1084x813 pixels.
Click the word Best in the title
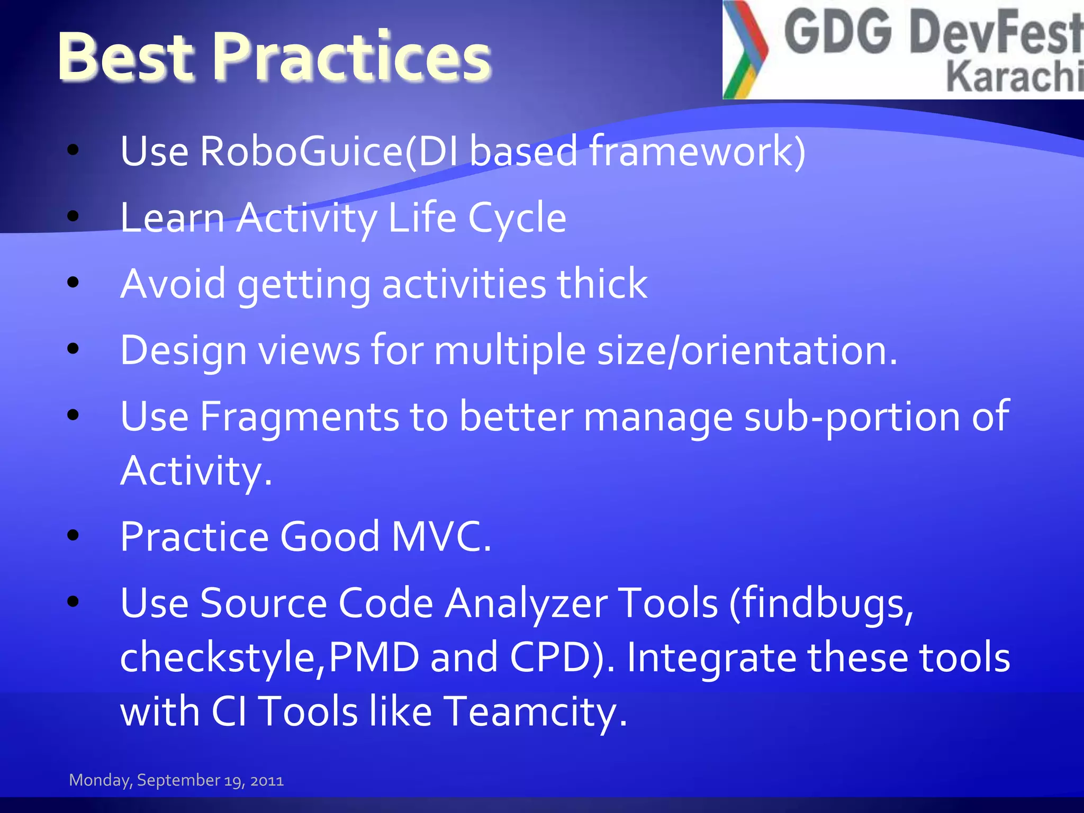coord(127,57)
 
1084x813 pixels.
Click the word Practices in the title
coord(354,57)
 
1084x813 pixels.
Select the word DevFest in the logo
coord(995,33)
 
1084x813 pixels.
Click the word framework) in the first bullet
coord(697,151)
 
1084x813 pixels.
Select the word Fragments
coord(299,417)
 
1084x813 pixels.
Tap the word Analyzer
coord(526,603)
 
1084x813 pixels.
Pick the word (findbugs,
coord(821,603)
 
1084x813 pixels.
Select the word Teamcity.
coord(535,711)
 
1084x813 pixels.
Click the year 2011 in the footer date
coord(267,781)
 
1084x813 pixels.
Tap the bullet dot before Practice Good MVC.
coord(73,535)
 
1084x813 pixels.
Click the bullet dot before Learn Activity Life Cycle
coord(73,216)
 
